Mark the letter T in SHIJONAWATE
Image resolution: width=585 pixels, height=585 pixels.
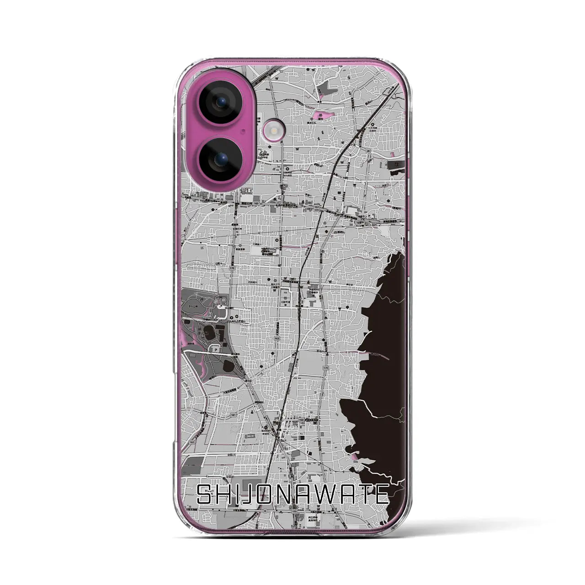pos(364,495)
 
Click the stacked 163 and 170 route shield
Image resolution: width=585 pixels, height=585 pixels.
pos(316,209)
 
